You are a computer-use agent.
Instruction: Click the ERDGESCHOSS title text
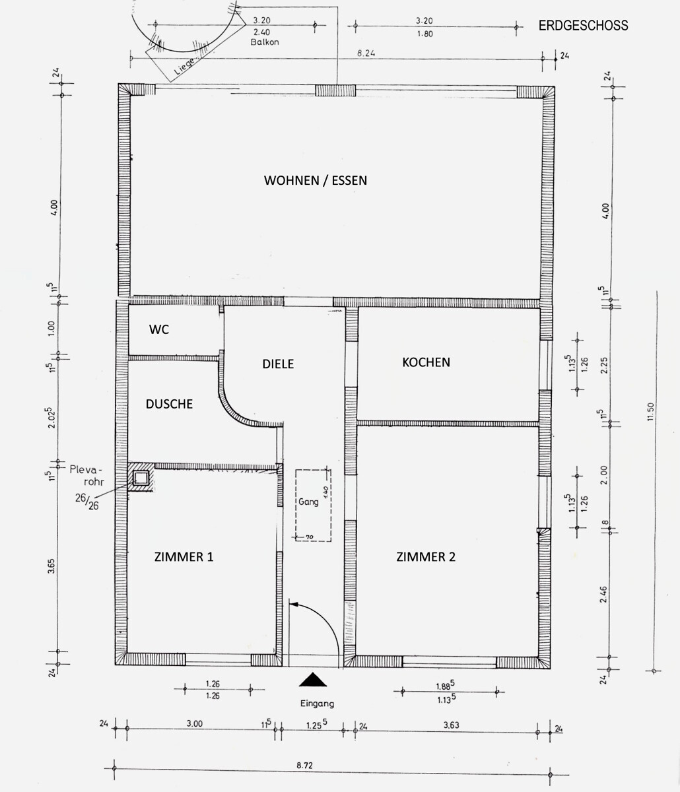pyautogui.click(x=583, y=26)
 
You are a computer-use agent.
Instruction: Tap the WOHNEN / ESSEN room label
pyautogui.click(x=316, y=180)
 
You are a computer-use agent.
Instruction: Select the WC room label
pyautogui.click(x=158, y=329)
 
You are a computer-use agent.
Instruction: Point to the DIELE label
pyautogui.click(x=278, y=364)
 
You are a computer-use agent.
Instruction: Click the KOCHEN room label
pyautogui.click(x=426, y=362)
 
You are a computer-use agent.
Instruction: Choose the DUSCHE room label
pyautogui.click(x=169, y=404)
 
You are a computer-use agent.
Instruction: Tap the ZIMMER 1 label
pyautogui.click(x=184, y=557)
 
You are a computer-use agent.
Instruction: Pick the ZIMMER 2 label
pyautogui.click(x=426, y=557)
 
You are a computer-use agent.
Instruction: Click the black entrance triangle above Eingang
pyautogui.click(x=313, y=679)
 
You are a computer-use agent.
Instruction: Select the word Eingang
pyautogui.click(x=317, y=704)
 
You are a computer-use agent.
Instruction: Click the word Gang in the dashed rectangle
pyautogui.click(x=308, y=502)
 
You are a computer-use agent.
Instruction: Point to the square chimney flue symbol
pyautogui.click(x=141, y=478)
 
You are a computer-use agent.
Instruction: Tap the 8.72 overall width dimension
pyautogui.click(x=304, y=766)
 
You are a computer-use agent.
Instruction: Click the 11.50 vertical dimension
pyautogui.click(x=650, y=412)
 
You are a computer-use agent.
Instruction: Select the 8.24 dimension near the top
pyautogui.click(x=366, y=53)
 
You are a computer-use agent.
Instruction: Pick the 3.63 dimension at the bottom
pyautogui.click(x=451, y=725)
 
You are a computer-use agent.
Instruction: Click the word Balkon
pyautogui.click(x=265, y=42)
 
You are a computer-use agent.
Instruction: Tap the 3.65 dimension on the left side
pyautogui.click(x=51, y=566)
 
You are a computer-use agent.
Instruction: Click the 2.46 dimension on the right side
pyautogui.click(x=603, y=594)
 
